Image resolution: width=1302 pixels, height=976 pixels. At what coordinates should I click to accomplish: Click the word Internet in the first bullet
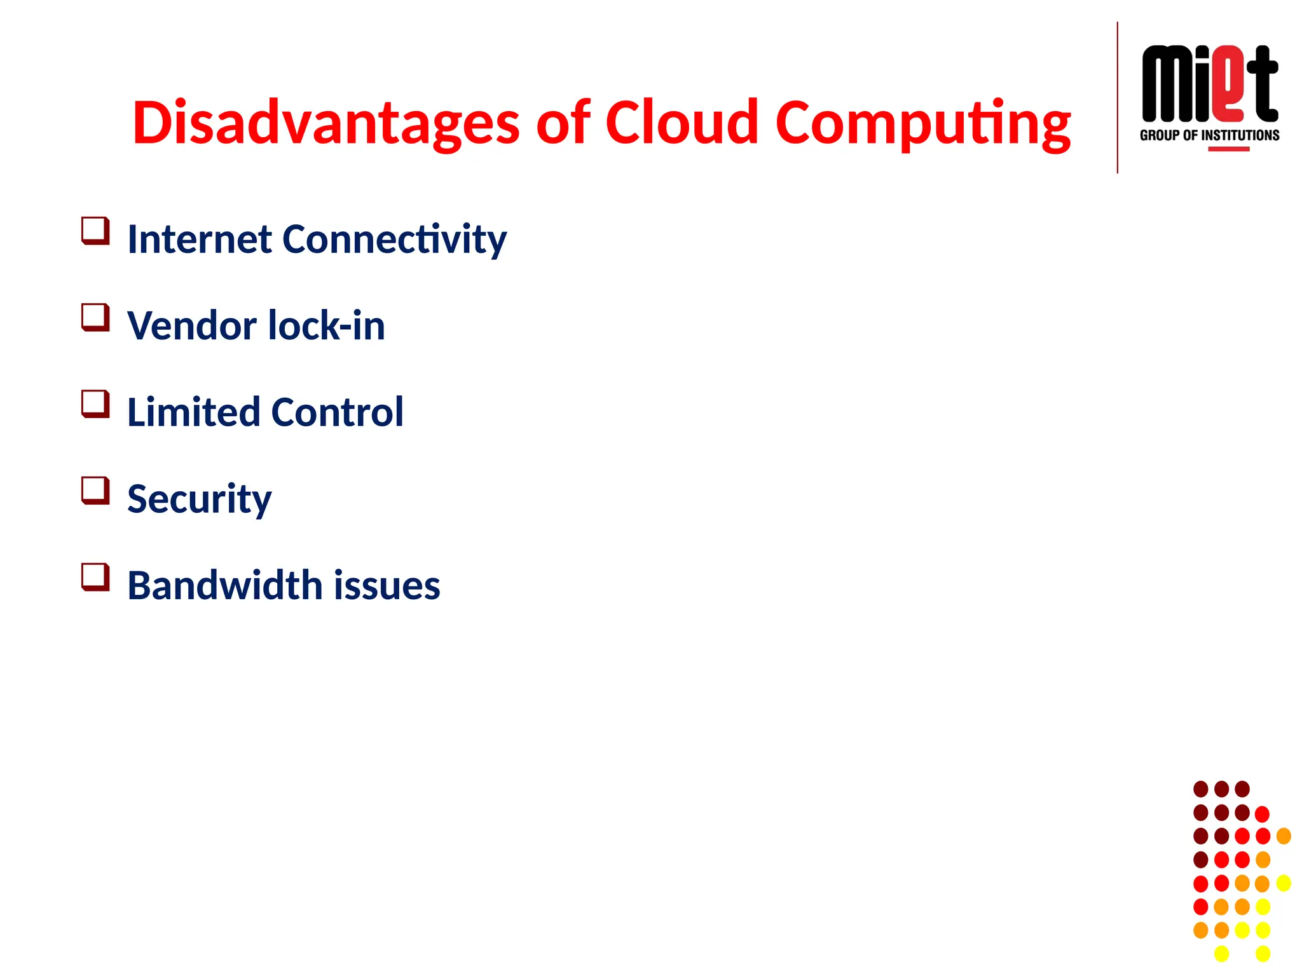point(200,239)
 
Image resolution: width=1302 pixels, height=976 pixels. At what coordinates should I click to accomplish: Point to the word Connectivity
point(394,240)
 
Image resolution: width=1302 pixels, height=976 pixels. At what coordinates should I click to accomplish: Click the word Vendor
point(191,325)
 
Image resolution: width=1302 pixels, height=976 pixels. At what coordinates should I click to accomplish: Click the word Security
point(199,499)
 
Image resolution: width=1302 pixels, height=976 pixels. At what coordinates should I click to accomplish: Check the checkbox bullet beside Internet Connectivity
point(95,231)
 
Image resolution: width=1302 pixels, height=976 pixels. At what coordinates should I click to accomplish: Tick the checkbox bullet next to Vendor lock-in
point(95,317)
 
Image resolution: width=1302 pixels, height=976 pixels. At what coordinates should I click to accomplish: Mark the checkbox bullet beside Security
point(95,490)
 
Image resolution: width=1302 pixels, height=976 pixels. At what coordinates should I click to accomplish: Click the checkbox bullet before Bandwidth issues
point(95,577)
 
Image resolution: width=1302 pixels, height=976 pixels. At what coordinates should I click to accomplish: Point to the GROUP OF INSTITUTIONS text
point(1209,135)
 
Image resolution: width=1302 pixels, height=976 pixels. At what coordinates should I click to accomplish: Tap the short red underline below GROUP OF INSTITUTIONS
point(1228,149)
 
